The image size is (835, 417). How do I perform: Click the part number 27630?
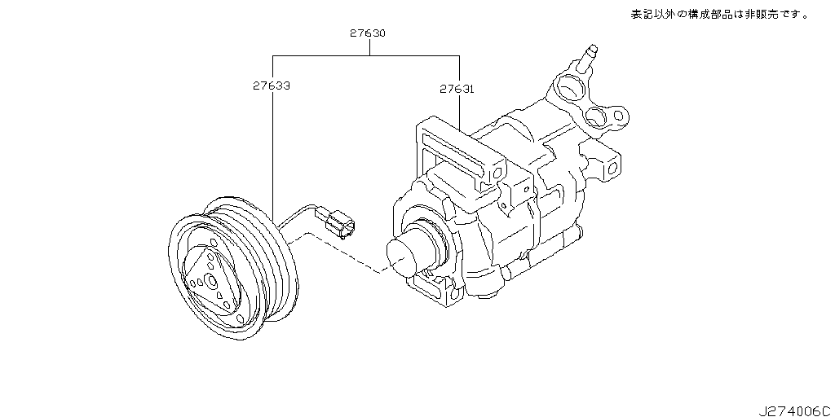click(x=368, y=33)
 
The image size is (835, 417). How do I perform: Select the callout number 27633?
click(x=272, y=85)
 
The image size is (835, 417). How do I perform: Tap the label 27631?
click(x=457, y=90)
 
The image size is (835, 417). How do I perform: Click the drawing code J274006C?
click(x=794, y=410)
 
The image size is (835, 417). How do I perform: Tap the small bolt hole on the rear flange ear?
click(x=618, y=115)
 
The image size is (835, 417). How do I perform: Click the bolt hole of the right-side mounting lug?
click(x=612, y=169)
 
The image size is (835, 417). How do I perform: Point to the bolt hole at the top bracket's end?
click(x=497, y=173)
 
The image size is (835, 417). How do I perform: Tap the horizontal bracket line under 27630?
click(x=366, y=55)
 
